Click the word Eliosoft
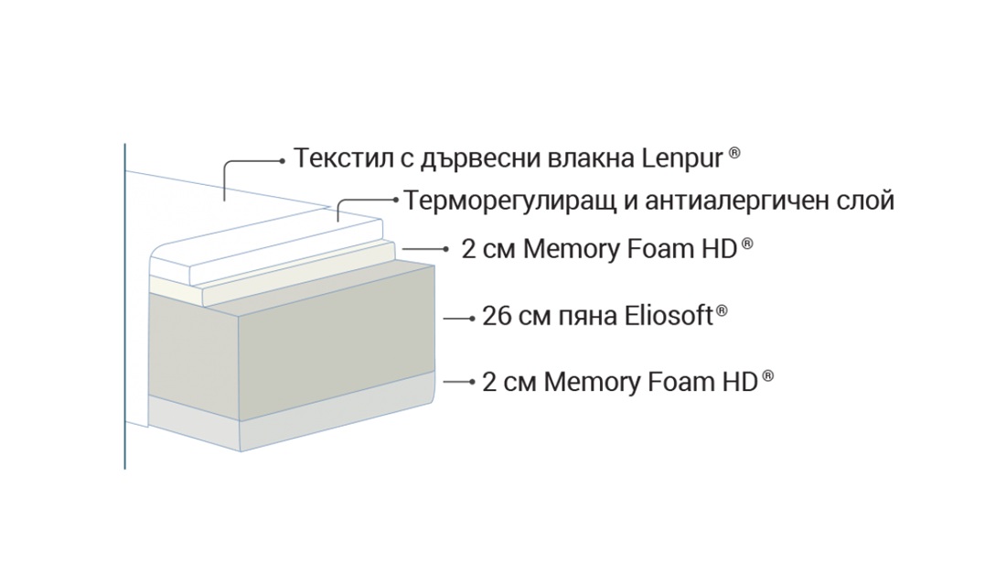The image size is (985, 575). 669,315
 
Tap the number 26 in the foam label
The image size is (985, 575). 497,316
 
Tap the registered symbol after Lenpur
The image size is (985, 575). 734,153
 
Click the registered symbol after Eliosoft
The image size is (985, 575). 722,310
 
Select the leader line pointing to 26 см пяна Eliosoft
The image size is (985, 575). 459,319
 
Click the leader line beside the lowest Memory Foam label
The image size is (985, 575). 459,382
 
